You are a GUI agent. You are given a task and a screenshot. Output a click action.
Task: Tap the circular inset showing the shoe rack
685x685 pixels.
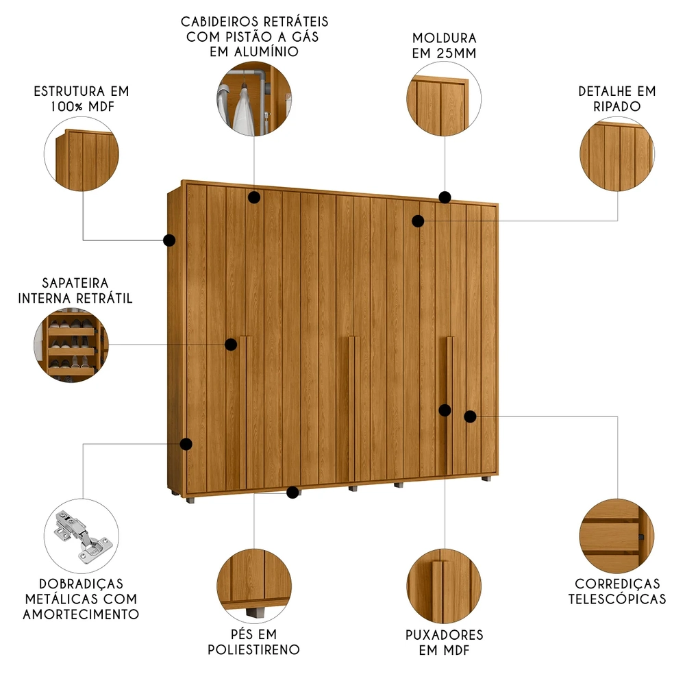tap(71, 342)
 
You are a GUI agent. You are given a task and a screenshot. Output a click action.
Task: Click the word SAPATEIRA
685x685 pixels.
tap(75, 283)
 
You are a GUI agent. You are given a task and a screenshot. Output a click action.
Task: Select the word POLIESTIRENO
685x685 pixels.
tap(254, 649)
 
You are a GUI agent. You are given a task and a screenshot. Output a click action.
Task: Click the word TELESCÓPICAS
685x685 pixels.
tap(617, 599)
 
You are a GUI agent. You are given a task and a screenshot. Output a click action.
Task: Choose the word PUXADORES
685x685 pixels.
tap(444, 635)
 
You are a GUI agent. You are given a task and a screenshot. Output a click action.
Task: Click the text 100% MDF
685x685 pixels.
tap(81, 107)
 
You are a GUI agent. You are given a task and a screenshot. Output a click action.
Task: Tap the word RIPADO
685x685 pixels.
tap(617, 106)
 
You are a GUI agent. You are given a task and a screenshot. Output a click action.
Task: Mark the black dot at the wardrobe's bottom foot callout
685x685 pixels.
tap(293, 492)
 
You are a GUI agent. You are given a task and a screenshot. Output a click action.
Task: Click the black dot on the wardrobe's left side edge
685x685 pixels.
tap(169, 240)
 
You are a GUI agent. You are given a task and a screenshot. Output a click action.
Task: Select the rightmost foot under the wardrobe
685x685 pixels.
tap(486, 480)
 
